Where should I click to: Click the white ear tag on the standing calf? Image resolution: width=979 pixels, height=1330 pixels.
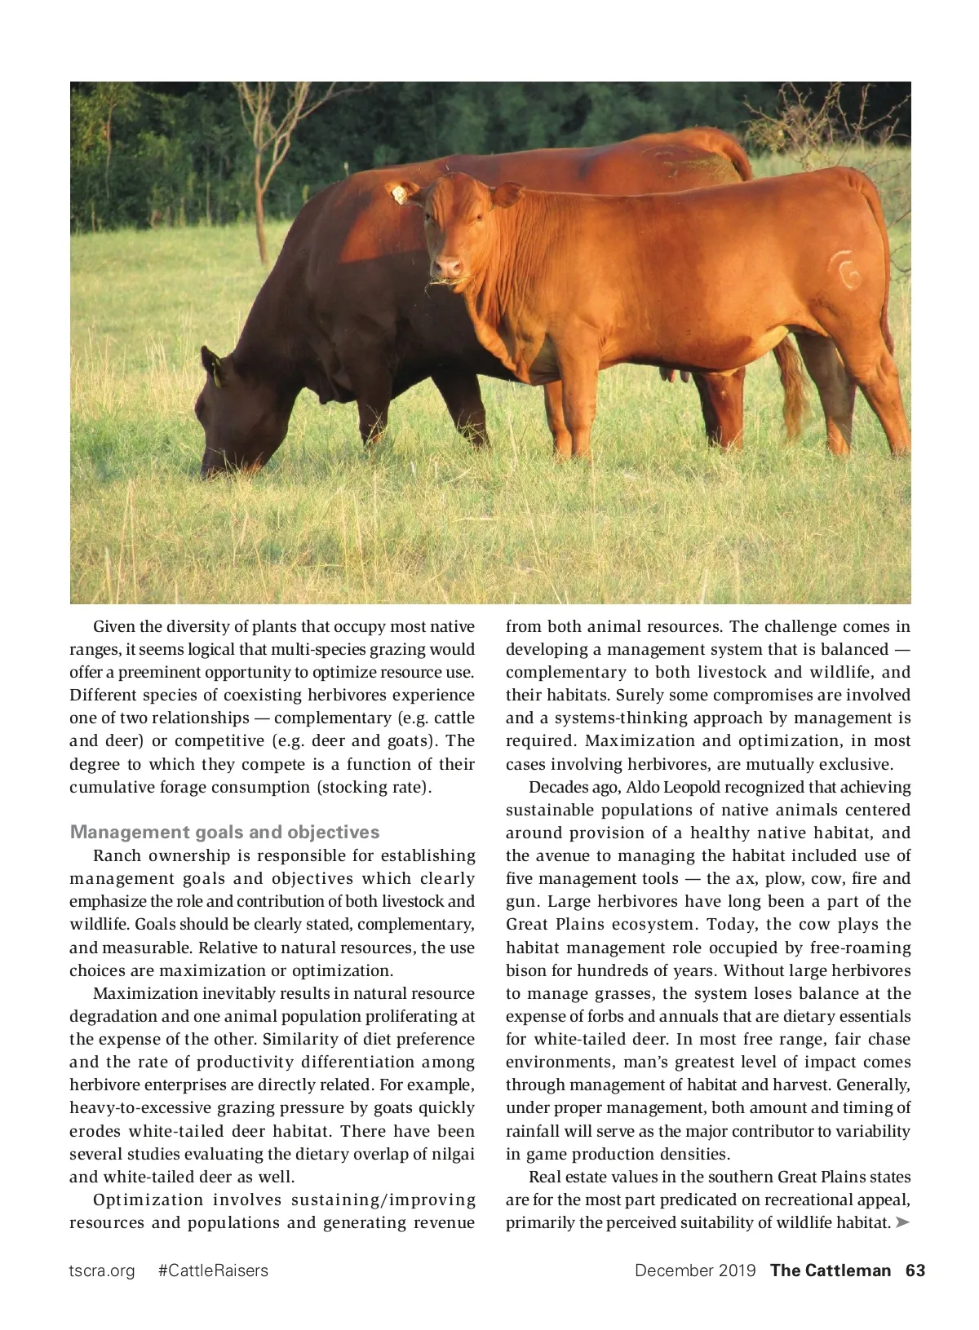point(401,195)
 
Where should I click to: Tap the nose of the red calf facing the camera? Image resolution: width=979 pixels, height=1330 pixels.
point(446,267)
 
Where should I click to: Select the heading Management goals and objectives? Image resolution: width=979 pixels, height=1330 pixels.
point(225,832)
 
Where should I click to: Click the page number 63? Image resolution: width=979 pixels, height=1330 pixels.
point(915,1270)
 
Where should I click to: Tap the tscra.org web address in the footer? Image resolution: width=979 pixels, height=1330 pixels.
point(102,1270)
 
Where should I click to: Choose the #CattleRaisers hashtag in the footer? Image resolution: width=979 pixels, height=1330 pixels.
point(213,1270)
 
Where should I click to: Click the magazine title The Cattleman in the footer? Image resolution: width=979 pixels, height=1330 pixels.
point(831,1270)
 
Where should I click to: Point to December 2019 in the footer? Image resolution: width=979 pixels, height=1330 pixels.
point(695,1270)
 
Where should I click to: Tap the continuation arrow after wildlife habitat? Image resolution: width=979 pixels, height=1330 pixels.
point(901,1222)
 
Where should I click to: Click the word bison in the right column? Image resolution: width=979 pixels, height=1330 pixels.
point(525,970)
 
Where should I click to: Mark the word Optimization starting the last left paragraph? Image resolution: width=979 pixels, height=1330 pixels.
point(148,1200)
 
